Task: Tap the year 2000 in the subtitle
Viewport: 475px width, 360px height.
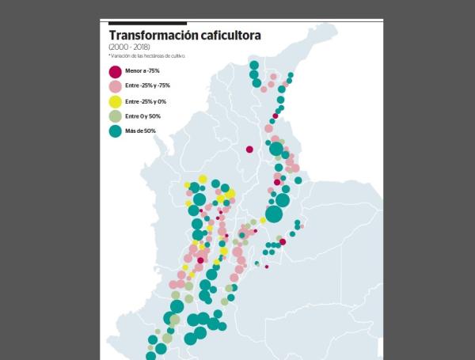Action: point(118,47)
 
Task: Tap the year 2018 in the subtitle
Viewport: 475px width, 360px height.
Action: point(139,47)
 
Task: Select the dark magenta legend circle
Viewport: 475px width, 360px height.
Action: point(116,71)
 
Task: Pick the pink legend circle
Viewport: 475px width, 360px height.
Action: point(116,85)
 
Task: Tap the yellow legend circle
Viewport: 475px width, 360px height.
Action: point(116,100)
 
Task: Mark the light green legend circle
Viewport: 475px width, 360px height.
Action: point(116,116)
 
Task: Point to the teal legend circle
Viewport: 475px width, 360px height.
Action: point(116,131)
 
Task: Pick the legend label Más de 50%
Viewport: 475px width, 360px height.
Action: point(140,131)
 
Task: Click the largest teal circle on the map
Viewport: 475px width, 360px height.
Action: point(274,214)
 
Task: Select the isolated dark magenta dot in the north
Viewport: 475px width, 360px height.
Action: point(249,149)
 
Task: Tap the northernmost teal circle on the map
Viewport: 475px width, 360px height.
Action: point(253,66)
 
